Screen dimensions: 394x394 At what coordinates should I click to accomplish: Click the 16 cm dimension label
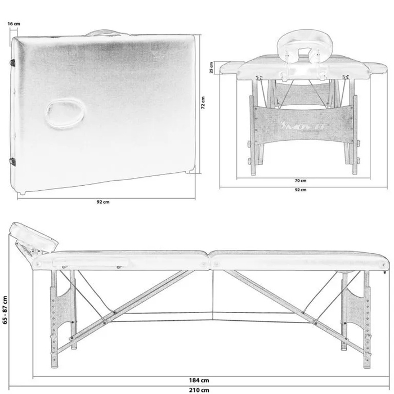pos(14,24)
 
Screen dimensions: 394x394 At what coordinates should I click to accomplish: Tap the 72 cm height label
pos(203,102)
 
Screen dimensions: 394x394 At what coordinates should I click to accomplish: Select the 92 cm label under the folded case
pos(103,202)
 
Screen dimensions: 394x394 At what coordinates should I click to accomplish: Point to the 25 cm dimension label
pos(211,68)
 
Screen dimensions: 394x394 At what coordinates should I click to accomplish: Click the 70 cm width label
pos(301,181)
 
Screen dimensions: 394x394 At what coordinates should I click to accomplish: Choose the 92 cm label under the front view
pos(301,190)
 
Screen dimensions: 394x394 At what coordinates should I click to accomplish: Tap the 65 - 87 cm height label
pos(5,310)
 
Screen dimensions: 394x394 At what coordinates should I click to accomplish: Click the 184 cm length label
pos(199,380)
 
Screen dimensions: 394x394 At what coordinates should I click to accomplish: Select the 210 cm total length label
pos(199,390)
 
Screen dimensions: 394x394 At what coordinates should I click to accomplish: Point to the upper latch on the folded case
pos(12,63)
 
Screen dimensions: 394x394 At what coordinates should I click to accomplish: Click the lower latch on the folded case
pos(12,162)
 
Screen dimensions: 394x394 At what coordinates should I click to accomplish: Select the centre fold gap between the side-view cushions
pos(209,260)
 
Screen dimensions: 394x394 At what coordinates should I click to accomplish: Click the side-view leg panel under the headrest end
pos(63,319)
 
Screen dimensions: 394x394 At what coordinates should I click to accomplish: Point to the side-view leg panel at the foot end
pos(355,319)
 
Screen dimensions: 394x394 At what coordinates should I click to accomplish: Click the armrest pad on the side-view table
pos(91,261)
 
